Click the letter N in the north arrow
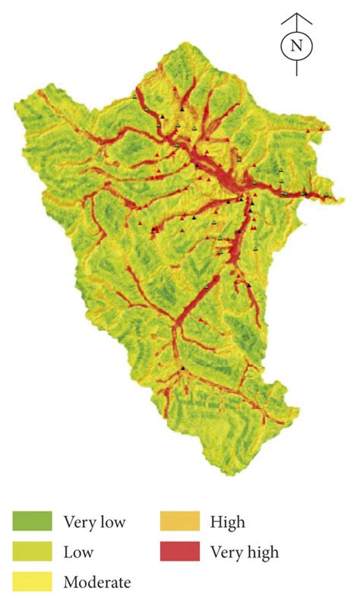pos(296,46)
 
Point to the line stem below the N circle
pos(296,67)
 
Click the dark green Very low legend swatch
pos(32,521)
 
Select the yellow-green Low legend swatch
pos(32,552)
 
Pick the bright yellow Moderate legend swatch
pos(32,582)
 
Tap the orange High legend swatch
pos(179,521)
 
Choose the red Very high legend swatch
pos(179,552)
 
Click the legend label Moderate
pos(97,583)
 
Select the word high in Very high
pos(263,552)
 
